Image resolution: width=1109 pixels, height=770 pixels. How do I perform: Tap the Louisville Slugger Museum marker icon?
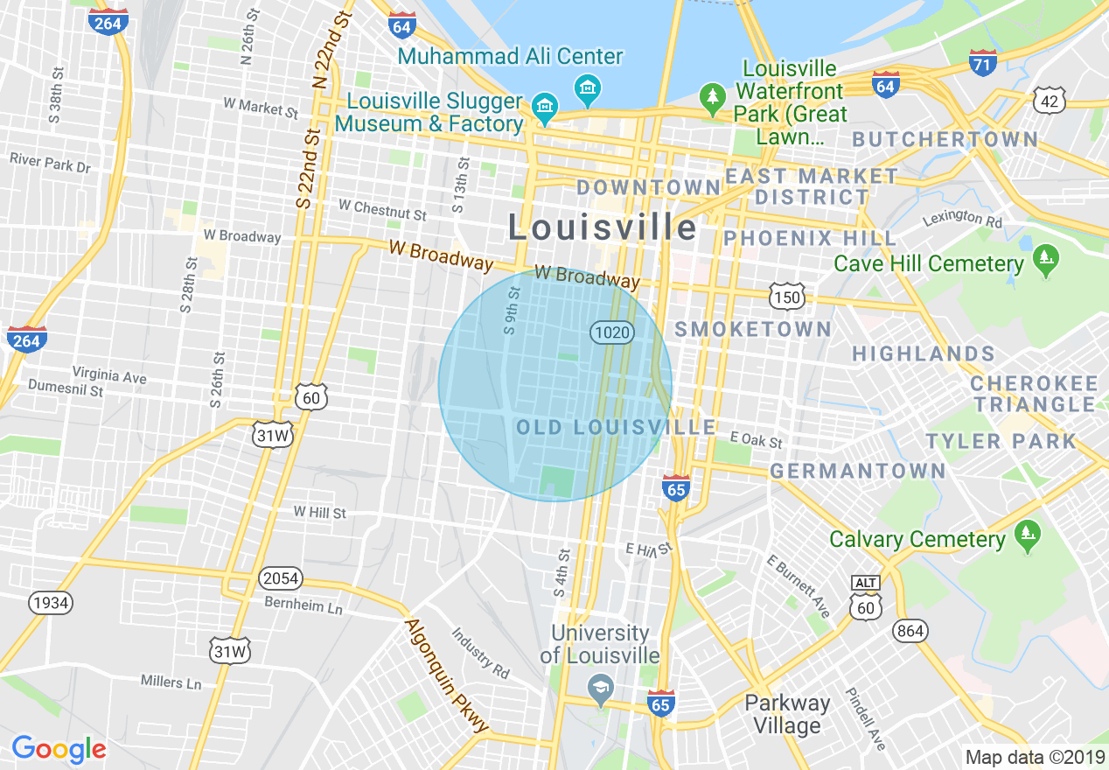tap(545, 108)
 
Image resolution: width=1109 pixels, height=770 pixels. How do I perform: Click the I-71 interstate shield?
tap(983, 62)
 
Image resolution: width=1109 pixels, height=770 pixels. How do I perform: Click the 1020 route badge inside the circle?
tap(610, 332)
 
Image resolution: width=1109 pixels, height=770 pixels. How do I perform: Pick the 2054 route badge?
tap(280, 578)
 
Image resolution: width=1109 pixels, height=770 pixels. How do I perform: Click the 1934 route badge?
tap(50, 602)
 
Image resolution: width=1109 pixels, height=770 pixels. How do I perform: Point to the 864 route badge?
tap(910, 630)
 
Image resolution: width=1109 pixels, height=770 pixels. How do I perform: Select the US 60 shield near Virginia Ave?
tap(311, 398)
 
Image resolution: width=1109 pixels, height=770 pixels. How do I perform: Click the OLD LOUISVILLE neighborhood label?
tap(616, 427)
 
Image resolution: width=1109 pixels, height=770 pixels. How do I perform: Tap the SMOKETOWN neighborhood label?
tap(753, 329)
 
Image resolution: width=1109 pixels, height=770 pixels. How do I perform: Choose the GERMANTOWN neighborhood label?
tap(857, 471)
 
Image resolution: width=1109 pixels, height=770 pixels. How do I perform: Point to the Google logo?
tap(59, 749)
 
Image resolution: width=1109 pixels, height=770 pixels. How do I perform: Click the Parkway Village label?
tap(787, 714)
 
